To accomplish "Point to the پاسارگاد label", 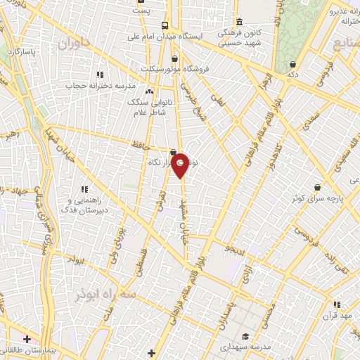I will (21, 52).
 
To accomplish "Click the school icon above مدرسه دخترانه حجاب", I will (100, 75).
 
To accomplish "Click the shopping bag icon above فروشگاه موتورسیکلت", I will (174, 58).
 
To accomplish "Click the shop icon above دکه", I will (292, 62).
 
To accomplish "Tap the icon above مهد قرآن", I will (337, 304).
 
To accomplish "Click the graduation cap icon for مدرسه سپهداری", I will (245, 336).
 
